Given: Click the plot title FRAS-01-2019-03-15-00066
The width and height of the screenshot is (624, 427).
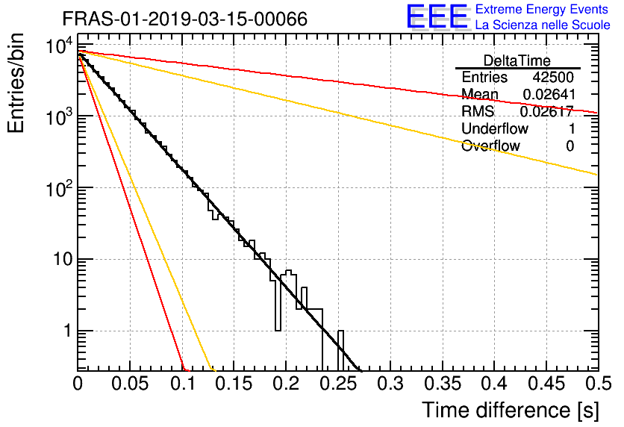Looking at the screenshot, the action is [184, 19].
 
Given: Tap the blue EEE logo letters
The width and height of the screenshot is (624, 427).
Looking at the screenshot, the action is [437, 16].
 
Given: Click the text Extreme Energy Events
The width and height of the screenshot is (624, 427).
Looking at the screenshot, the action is [542, 9].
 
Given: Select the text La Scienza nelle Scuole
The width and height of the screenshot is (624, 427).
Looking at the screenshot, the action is [543, 25].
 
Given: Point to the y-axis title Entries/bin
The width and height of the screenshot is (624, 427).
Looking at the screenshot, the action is [16, 83].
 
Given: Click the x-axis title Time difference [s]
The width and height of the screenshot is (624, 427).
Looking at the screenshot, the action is [511, 411].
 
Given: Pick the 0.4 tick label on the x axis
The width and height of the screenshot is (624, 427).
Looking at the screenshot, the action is [494, 384].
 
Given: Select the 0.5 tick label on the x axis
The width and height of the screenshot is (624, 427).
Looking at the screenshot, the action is [598, 384].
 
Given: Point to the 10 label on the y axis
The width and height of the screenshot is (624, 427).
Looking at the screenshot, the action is [63, 260].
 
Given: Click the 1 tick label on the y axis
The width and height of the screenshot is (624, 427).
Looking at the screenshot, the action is [68, 331].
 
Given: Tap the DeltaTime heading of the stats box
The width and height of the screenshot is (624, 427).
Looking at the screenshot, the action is [517, 60].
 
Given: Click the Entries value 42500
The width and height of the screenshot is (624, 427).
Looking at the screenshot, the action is [553, 77].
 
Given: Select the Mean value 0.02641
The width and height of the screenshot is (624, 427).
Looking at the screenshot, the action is [549, 94].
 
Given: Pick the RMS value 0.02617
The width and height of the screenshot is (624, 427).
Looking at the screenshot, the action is [546, 111].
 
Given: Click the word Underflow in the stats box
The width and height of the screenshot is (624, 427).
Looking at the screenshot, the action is [495, 128].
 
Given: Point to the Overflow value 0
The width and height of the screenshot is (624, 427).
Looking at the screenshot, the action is [570, 146].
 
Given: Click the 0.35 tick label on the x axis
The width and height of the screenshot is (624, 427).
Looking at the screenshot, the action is [442, 384].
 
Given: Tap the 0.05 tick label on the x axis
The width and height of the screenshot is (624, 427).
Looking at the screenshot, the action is [129, 384].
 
